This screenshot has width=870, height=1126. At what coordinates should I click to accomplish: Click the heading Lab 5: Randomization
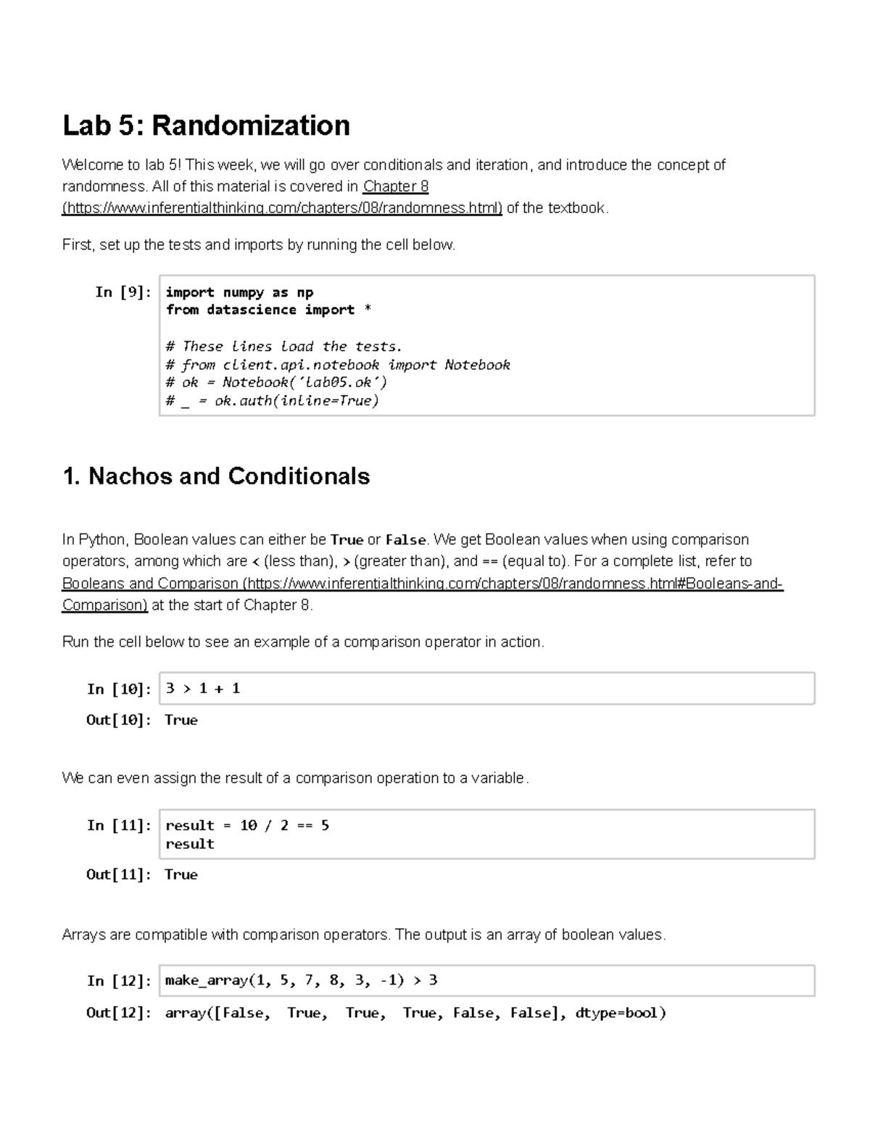click(206, 125)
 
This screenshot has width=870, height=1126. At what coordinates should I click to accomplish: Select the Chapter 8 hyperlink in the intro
click(395, 186)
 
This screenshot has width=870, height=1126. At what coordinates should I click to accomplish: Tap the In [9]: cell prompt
click(123, 292)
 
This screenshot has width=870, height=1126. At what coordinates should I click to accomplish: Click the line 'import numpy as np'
click(239, 292)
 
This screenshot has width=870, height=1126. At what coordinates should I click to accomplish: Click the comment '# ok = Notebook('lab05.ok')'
click(276, 383)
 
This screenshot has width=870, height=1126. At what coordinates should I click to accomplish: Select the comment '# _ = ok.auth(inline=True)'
click(273, 401)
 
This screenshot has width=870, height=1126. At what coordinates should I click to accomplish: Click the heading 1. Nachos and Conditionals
click(216, 476)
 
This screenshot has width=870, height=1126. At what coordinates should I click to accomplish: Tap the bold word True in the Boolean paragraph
click(346, 540)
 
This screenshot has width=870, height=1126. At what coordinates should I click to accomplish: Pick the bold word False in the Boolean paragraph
click(405, 540)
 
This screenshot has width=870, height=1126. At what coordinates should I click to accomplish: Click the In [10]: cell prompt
click(119, 689)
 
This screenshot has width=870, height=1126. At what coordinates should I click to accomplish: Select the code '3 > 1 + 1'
click(202, 689)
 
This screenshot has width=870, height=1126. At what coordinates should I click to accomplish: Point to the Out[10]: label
click(119, 720)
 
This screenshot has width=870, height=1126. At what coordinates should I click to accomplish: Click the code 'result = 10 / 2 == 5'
click(247, 826)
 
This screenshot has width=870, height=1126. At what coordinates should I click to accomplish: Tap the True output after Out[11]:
click(181, 874)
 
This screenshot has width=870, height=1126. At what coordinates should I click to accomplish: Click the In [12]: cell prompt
click(119, 981)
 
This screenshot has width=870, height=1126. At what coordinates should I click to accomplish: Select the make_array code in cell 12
click(301, 981)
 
